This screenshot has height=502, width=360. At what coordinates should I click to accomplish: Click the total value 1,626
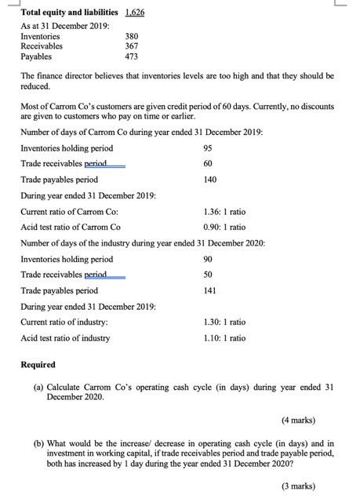(133, 13)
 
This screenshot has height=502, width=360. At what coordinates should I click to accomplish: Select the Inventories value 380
(132, 36)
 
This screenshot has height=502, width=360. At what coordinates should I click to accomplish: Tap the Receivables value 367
(132, 46)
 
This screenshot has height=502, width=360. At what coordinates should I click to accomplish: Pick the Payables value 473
(132, 56)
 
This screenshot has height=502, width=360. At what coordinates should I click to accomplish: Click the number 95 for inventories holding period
(208, 148)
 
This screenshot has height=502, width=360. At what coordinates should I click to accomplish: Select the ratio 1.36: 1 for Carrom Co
(224, 211)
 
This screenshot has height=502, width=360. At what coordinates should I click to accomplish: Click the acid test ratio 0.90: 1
(224, 227)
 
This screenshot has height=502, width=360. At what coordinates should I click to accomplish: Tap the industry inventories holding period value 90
(208, 259)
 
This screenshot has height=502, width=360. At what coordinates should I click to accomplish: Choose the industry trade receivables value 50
(208, 275)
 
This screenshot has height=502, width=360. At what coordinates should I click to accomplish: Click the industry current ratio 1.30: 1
(224, 322)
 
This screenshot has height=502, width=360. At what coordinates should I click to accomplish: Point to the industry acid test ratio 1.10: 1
(224, 338)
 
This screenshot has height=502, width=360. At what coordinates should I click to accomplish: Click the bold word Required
(38, 365)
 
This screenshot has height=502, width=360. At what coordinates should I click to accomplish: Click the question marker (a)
(38, 387)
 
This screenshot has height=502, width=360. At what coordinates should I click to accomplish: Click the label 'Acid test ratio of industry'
(65, 338)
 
